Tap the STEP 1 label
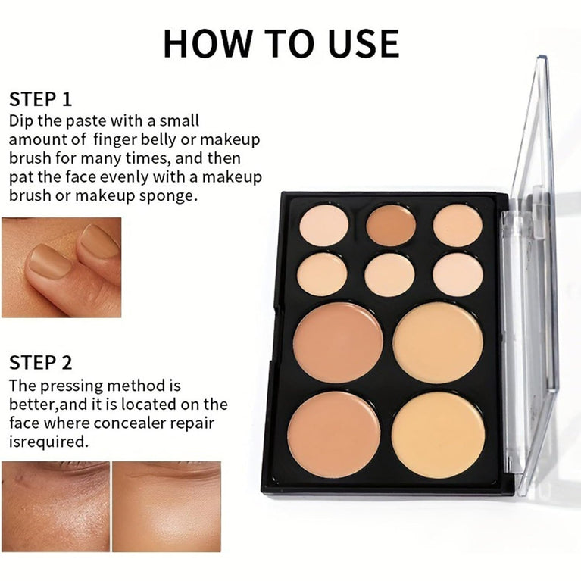click(43, 99)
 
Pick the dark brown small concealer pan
click(391, 225)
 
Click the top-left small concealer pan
click(323, 225)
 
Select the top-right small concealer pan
click(458, 225)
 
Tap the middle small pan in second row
click(389, 274)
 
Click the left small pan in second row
click(322, 274)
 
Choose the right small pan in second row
click(458, 274)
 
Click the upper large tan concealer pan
click(338, 342)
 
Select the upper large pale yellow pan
click(438, 342)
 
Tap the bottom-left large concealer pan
click(333, 434)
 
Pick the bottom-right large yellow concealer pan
click(438, 434)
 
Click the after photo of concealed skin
click(166, 506)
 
